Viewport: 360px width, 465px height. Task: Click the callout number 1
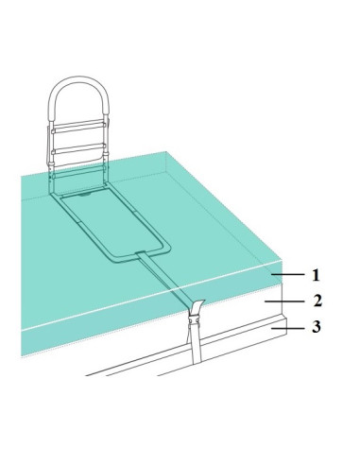(x=316, y=275)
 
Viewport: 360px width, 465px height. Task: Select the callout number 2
(x=317, y=301)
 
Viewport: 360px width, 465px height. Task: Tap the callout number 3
(x=317, y=327)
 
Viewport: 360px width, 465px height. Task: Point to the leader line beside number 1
(x=288, y=275)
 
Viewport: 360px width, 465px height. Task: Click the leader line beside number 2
(x=284, y=301)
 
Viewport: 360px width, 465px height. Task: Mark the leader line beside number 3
(x=288, y=328)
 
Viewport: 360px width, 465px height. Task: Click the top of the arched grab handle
(x=78, y=78)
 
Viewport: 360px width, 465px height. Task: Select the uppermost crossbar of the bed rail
(x=78, y=127)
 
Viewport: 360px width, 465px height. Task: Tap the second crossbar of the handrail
(x=78, y=148)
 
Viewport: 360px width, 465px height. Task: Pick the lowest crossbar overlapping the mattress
(x=78, y=173)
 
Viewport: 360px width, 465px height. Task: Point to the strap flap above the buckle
(x=197, y=307)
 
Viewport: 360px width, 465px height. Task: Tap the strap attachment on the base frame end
(x=141, y=253)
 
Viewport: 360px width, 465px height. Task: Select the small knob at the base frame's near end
(x=84, y=195)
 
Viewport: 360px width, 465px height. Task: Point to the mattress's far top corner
(x=166, y=152)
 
